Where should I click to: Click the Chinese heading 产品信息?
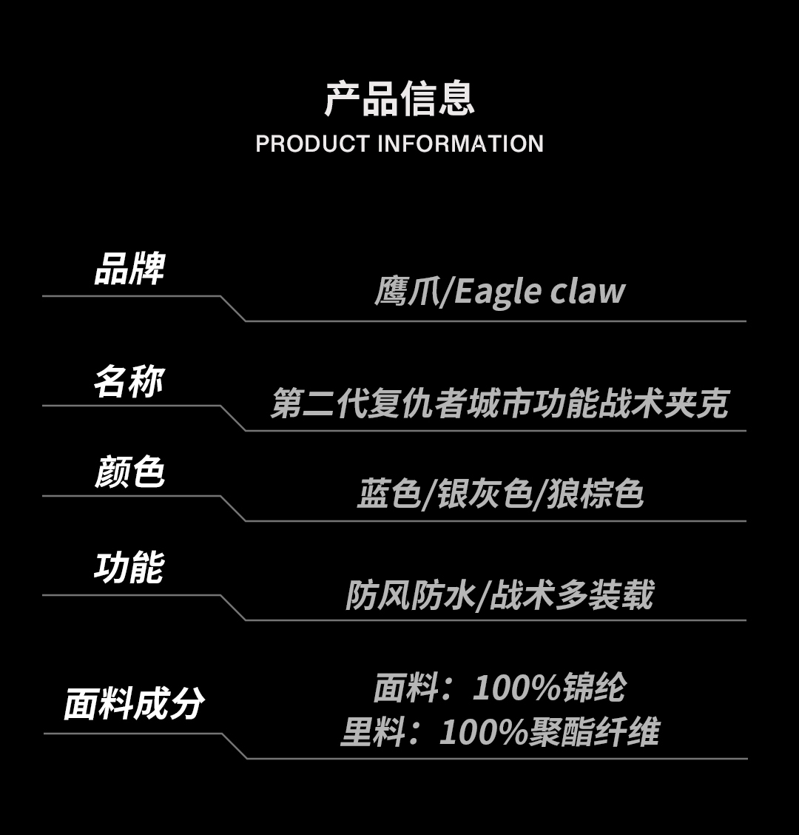click(x=399, y=99)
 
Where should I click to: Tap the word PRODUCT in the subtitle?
click(x=312, y=144)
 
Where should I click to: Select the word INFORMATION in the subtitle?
click(x=460, y=144)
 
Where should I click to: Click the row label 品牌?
click(x=129, y=269)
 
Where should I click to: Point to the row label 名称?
click(x=129, y=382)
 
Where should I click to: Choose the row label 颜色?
click(x=129, y=472)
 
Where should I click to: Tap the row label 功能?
click(x=129, y=569)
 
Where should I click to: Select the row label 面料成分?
click(x=134, y=703)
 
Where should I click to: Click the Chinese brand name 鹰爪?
click(x=405, y=292)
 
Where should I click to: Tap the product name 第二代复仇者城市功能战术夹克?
click(x=500, y=404)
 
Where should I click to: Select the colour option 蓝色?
click(x=388, y=494)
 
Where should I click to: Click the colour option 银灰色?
click(x=484, y=494)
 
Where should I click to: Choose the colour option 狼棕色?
click(x=596, y=494)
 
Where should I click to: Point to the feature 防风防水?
click(x=411, y=596)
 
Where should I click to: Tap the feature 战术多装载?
click(x=572, y=596)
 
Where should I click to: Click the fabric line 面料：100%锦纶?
click(x=500, y=688)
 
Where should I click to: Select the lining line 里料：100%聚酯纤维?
click(x=500, y=732)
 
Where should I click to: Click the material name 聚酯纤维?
click(x=593, y=732)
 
